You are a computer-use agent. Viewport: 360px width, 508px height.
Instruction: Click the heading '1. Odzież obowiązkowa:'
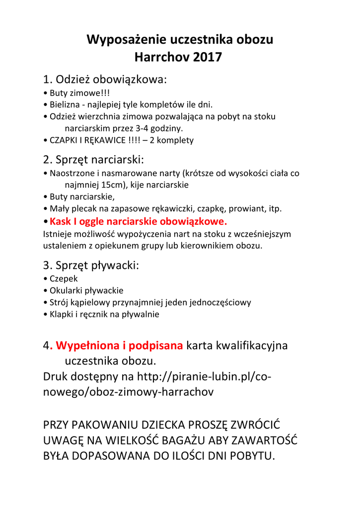pos(105,79)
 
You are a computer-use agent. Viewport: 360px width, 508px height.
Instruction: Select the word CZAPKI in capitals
pos(63,140)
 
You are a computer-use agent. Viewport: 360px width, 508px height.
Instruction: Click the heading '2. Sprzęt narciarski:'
pos(94,160)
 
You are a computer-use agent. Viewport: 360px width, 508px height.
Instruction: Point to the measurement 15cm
pos(112,185)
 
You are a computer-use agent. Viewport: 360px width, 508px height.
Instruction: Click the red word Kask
pos(61,221)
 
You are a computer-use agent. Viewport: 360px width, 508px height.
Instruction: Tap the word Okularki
pos(66,291)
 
